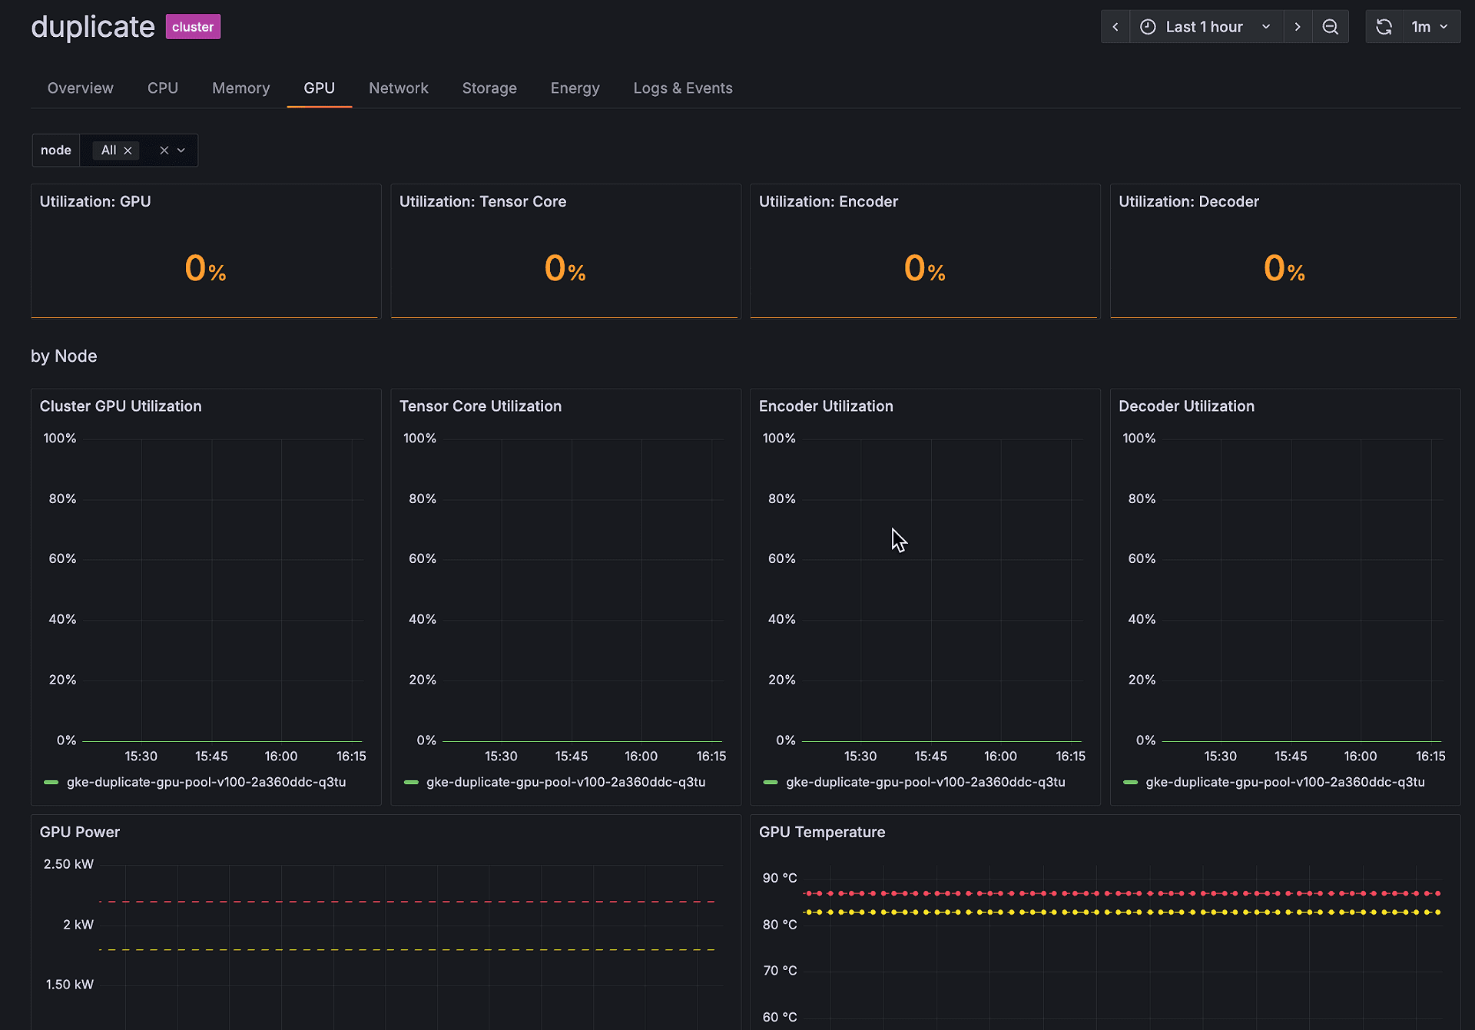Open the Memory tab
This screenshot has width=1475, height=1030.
tap(240, 88)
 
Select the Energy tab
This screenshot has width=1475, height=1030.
tap(575, 88)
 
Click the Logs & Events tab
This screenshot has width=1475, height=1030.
tap(682, 88)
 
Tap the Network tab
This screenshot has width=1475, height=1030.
tap(398, 88)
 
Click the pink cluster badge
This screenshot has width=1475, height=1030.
tap(193, 27)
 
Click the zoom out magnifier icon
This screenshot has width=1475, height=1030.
tap(1331, 27)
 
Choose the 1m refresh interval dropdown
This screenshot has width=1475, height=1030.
tap(1430, 27)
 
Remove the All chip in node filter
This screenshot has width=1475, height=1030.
tap(128, 151)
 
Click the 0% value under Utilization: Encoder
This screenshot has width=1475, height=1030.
tap(924, 269)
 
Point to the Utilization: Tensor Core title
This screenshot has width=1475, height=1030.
tap(482, 201)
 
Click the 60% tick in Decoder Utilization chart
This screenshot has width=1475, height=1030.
tap(1142, 558)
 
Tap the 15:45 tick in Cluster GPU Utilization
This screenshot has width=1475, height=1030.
tap(211, 756)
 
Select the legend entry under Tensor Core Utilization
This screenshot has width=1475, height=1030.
tap(565, 782)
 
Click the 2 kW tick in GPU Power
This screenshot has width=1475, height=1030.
tap(78, 924)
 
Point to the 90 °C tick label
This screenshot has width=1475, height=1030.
tap(780, 878)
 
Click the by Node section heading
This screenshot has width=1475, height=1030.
tap(64, 356)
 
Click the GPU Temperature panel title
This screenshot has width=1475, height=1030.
tap(822, 832)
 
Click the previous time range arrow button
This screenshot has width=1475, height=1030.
tap(1115, 27)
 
